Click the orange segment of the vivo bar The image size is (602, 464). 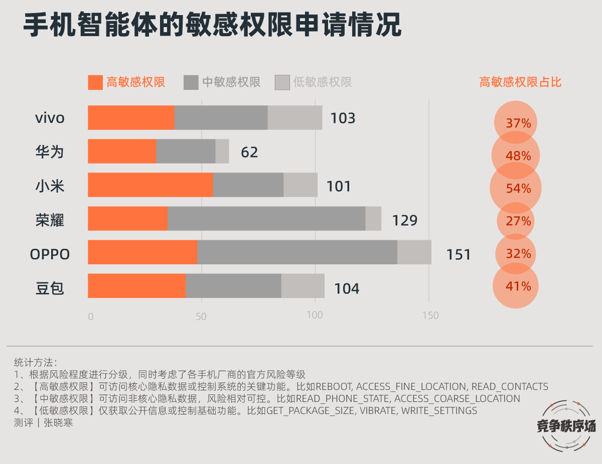point(131,118)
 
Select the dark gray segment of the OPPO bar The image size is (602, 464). point(297,252)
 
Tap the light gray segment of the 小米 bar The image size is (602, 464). point(300,185)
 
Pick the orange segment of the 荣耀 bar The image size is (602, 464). point(127,219)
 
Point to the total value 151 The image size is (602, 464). point(459,255)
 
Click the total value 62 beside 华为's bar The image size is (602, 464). point(249,152)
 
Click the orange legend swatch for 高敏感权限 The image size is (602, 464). point(95,83)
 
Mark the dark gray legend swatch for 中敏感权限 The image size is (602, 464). point(191,83)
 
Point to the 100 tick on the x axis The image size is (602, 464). point(315,316)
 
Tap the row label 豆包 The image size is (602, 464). point(50,288)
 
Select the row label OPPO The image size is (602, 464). point(50,255)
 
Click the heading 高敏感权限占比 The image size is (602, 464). point(520,82)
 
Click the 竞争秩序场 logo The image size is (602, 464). point(566,425)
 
